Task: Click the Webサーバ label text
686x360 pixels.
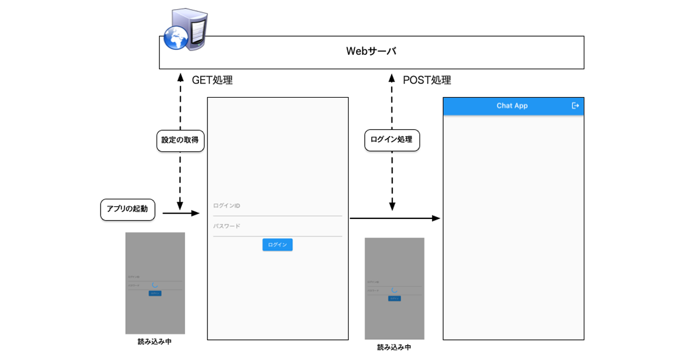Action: pos(371,51)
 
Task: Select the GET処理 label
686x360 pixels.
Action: pos(212,80)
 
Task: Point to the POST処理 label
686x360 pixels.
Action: pos(427,80)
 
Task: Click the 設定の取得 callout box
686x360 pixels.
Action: pos(181,141)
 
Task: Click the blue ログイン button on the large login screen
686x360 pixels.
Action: pos(278,245)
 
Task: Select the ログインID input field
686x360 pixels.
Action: pos(277,206)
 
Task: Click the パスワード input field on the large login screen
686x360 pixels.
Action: pos(277,227)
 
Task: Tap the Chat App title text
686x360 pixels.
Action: pos(512,106)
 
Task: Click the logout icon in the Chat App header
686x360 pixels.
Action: pos(575,106)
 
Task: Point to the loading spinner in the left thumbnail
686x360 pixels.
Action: pos(154,284)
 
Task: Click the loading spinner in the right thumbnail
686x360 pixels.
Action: pos(394,290)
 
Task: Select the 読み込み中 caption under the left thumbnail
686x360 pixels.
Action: pos(154,342)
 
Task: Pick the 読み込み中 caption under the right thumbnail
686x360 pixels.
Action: pos(394,347)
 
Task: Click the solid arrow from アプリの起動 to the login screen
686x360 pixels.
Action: pos(181,213)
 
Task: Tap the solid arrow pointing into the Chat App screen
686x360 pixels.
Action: pos(394,218)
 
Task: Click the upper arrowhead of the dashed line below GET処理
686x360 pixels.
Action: pos(181,78)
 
